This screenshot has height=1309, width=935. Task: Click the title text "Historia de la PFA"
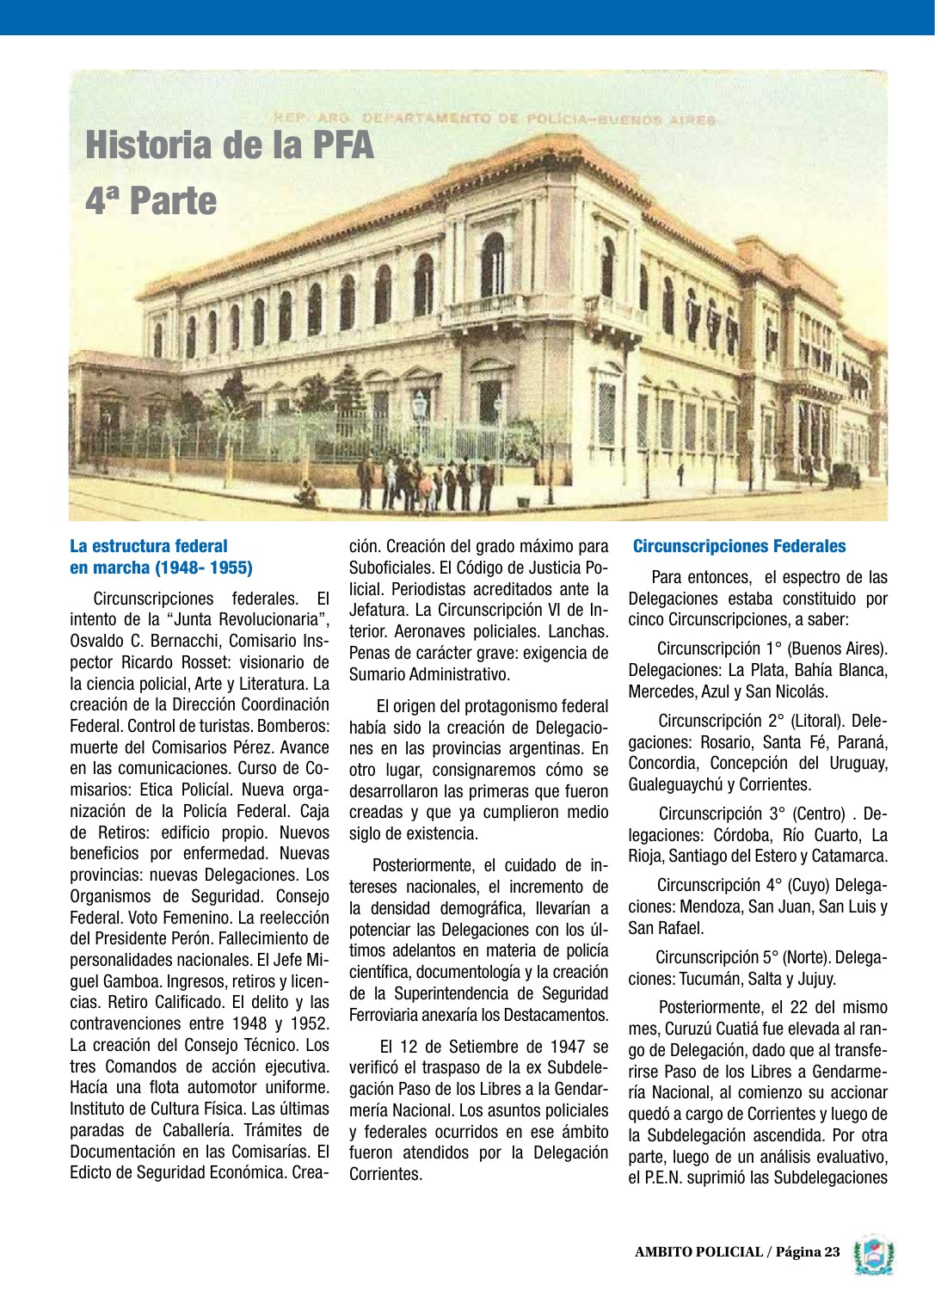(x=230, y=144)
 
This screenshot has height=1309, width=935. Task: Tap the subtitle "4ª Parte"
(x=151, y=200)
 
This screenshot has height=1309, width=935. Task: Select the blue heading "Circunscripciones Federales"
(x=739, y=546)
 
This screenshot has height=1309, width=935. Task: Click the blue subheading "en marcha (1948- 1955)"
(x=161, y=568)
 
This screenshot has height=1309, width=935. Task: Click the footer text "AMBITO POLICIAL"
(x=698, y=1251)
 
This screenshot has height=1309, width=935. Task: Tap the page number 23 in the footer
(x=831, y=1251)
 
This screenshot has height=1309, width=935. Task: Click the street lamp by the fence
(x=420, y=413)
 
